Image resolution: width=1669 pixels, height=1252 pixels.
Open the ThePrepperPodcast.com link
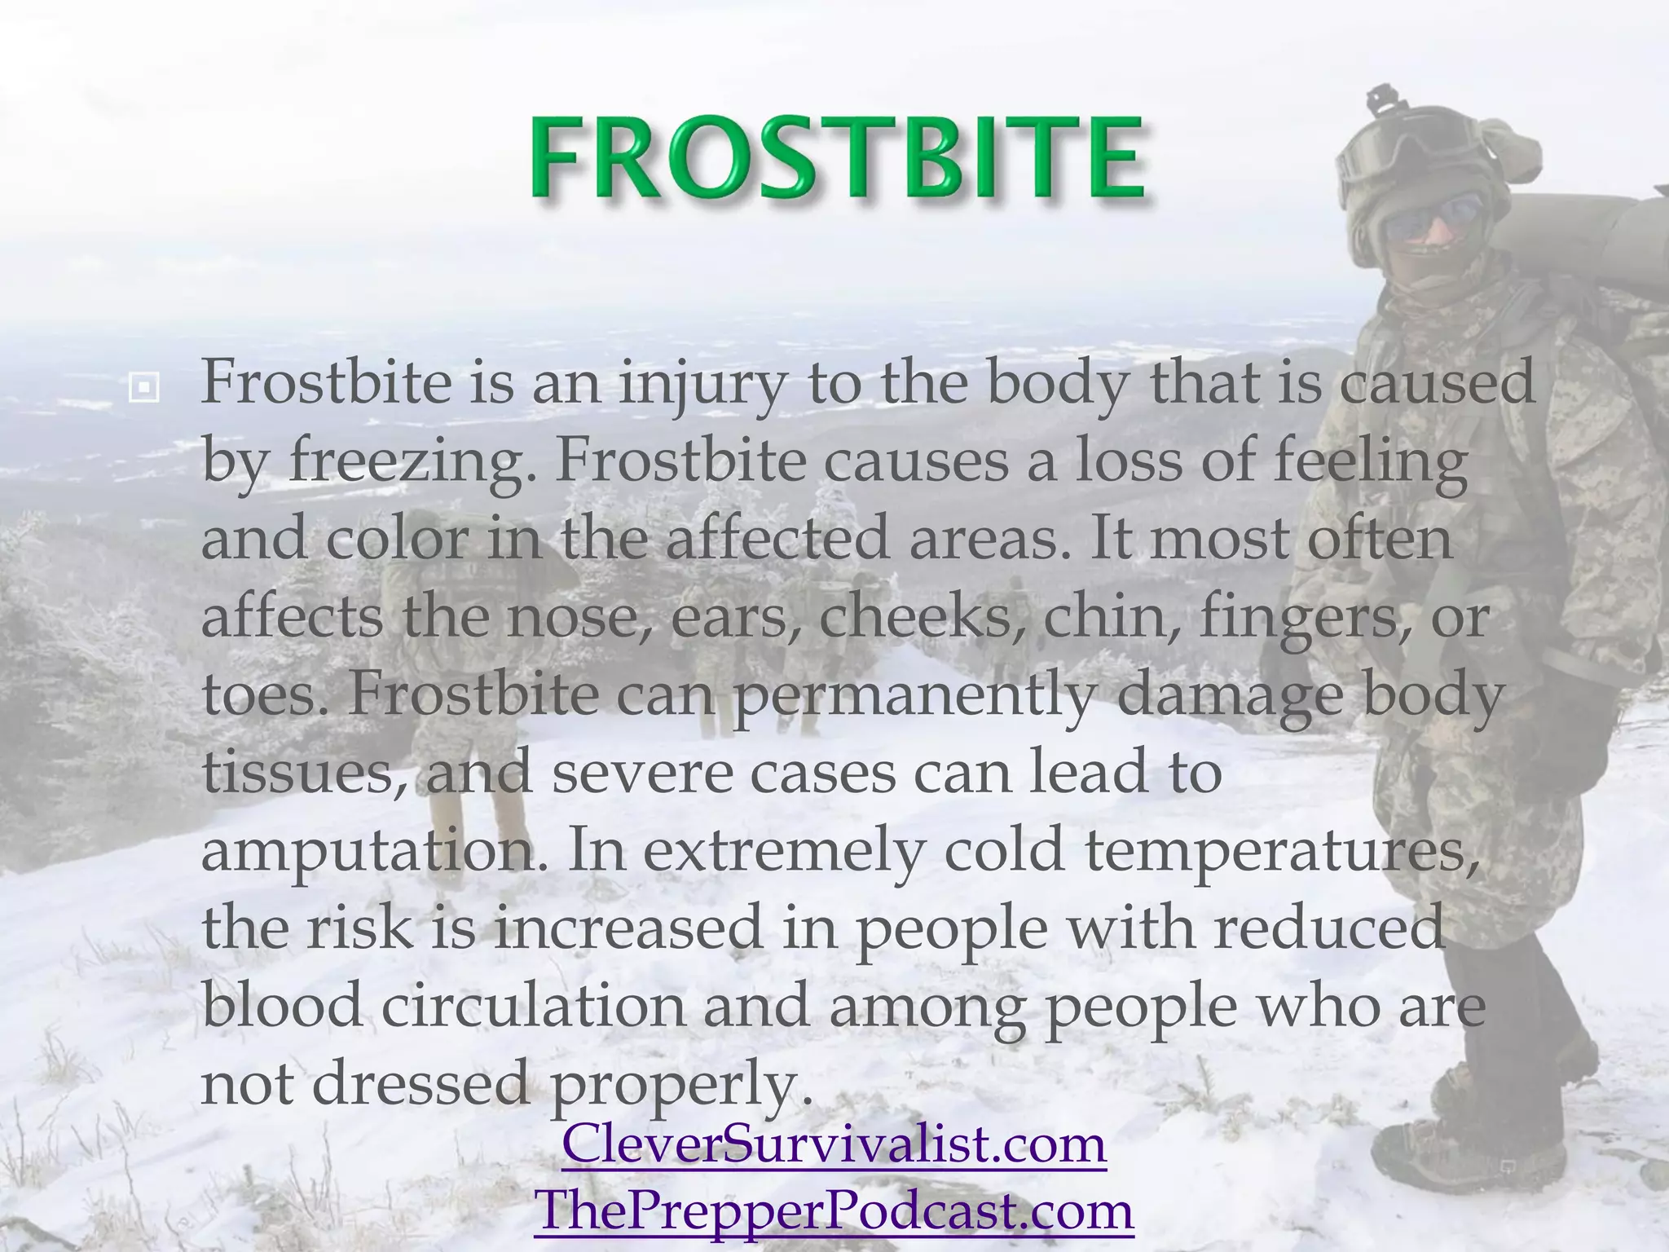pos(834,1210)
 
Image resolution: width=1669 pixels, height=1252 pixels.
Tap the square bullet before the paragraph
pos(144,388)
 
